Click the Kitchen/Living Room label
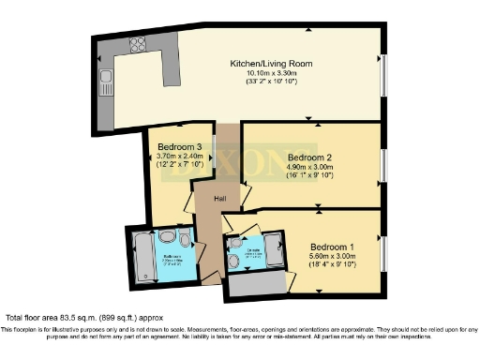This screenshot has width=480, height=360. coord(271,64)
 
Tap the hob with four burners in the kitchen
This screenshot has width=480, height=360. coord(138,42)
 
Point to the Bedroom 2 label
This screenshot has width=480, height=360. coord(310,157)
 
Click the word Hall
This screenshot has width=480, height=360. coord(219,199)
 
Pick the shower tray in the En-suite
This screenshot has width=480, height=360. coord(274,251)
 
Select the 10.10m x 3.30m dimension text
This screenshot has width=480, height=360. coord(271,73)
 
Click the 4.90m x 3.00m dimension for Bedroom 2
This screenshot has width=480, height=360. coord(310,167)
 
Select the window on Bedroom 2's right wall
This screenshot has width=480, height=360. coord(383,165)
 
